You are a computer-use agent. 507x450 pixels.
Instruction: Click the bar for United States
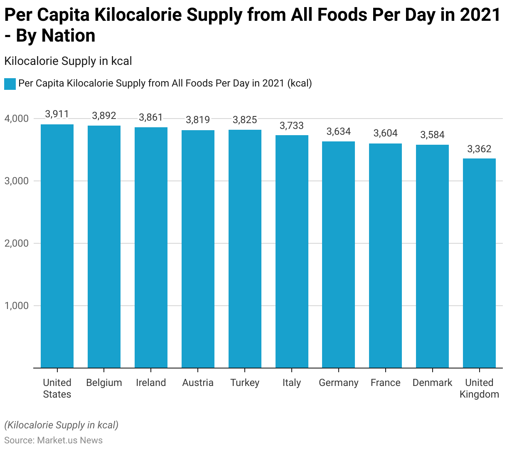57,246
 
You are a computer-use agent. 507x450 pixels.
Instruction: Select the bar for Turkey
245,249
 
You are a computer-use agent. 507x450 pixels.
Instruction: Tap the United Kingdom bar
479,263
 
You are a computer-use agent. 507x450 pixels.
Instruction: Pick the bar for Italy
292,251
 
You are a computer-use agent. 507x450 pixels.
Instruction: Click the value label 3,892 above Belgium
104,116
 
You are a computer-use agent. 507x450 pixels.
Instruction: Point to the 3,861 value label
151,117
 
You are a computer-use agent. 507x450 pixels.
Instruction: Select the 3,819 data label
198,120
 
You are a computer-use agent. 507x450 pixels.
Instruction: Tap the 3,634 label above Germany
339,131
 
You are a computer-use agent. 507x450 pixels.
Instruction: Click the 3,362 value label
479,149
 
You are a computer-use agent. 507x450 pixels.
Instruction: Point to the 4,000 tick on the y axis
17,119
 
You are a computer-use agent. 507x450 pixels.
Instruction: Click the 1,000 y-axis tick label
17,306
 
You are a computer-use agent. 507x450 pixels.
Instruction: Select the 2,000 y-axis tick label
17,244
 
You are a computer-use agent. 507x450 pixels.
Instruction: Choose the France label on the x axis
386,383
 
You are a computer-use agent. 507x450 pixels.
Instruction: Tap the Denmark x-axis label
432,383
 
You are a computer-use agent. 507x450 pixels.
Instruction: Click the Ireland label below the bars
151,383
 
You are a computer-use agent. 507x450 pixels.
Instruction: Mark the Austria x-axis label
198,383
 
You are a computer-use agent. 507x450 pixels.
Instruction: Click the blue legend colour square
10,84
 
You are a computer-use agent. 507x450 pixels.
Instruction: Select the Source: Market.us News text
53,440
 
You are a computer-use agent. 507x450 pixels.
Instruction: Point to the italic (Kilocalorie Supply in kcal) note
62,425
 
